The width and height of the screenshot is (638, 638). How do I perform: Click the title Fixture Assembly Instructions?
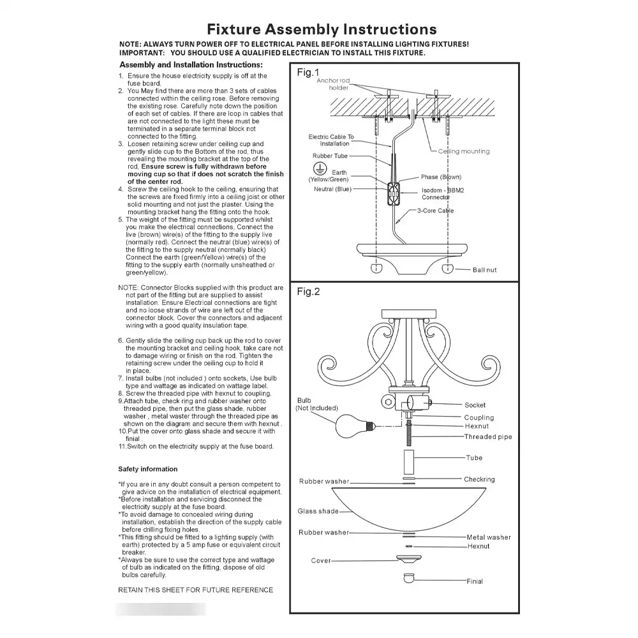[x=322, y=29]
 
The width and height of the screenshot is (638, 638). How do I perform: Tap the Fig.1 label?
[x=308, y=73]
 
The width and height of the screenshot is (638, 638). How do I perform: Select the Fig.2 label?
[x=308, y=292]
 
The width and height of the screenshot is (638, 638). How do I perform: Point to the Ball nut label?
[x=484, y=270]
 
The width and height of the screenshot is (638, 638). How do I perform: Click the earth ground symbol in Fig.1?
[x=314, y=167]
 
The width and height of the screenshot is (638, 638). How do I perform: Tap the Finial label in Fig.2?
[x=474, y=581]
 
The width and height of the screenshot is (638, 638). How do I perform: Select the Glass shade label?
[x=318, y=511]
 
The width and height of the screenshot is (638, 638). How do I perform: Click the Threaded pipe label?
[x=487, y=437]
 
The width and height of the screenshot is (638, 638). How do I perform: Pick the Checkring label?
[x=479, y=479]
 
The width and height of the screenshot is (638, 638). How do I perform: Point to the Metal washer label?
[x=488, y=537]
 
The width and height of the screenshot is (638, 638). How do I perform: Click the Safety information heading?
[x=147, y=469]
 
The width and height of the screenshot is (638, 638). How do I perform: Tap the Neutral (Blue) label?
[x=332, y=189]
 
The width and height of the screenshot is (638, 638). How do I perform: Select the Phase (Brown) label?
[x=440, y=177]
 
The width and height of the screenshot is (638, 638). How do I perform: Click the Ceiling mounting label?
[x=464, y=151]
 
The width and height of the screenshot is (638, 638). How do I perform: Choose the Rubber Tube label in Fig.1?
[x=330, y=156]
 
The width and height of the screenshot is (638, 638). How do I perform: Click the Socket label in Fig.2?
[x=475, y=405]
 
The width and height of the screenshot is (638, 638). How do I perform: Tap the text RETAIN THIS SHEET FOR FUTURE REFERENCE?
[x=195, y=590]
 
